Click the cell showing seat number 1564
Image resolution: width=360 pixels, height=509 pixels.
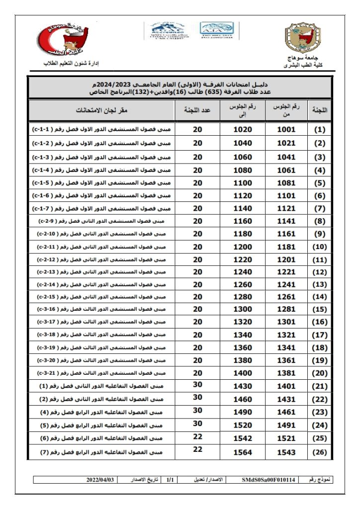pyautogui.click(x=243, y=452)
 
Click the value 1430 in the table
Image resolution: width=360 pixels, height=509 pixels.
pyautogui.click(x=243, y=386)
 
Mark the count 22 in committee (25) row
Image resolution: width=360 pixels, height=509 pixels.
pyautogui.click(x=198, y=436)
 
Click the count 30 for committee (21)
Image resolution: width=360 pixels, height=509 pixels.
pyautogui.click(x=198, y=383)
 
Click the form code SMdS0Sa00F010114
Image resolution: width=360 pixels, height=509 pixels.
pyautogui.click(x=269, y=480)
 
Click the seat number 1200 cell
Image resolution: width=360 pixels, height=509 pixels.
pyautogui.click(x=243, y=247)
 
